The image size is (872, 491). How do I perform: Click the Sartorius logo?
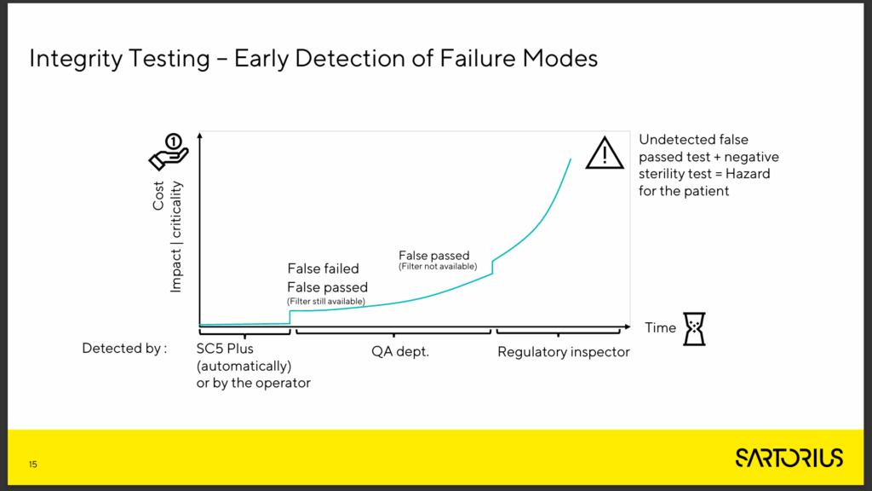coord(789,458)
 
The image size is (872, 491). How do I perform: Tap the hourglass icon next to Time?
coord(694,329)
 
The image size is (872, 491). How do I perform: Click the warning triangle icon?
coord(605,153)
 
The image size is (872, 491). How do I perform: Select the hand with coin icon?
coord(169,152)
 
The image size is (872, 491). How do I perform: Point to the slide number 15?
coord(33,465)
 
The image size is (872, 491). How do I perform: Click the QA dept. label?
coord(400,352)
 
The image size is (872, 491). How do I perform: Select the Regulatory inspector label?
coord(564,352)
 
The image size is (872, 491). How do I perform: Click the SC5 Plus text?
coord(225,349)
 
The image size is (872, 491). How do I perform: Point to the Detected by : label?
coord(124,349)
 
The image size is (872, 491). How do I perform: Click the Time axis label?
coord(660,328)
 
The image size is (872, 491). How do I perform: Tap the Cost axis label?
coord(158,195)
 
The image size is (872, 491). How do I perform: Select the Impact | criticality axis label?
coord(175,237)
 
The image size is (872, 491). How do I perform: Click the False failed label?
coord(323,269)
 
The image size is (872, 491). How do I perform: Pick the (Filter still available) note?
coord(326,301)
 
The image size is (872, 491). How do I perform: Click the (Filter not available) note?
coord(438,267)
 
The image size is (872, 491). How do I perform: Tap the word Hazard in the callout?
coord(748,174)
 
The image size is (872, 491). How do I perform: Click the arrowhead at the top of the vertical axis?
coord(200,135)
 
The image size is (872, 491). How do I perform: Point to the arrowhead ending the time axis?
coord(628,326)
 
